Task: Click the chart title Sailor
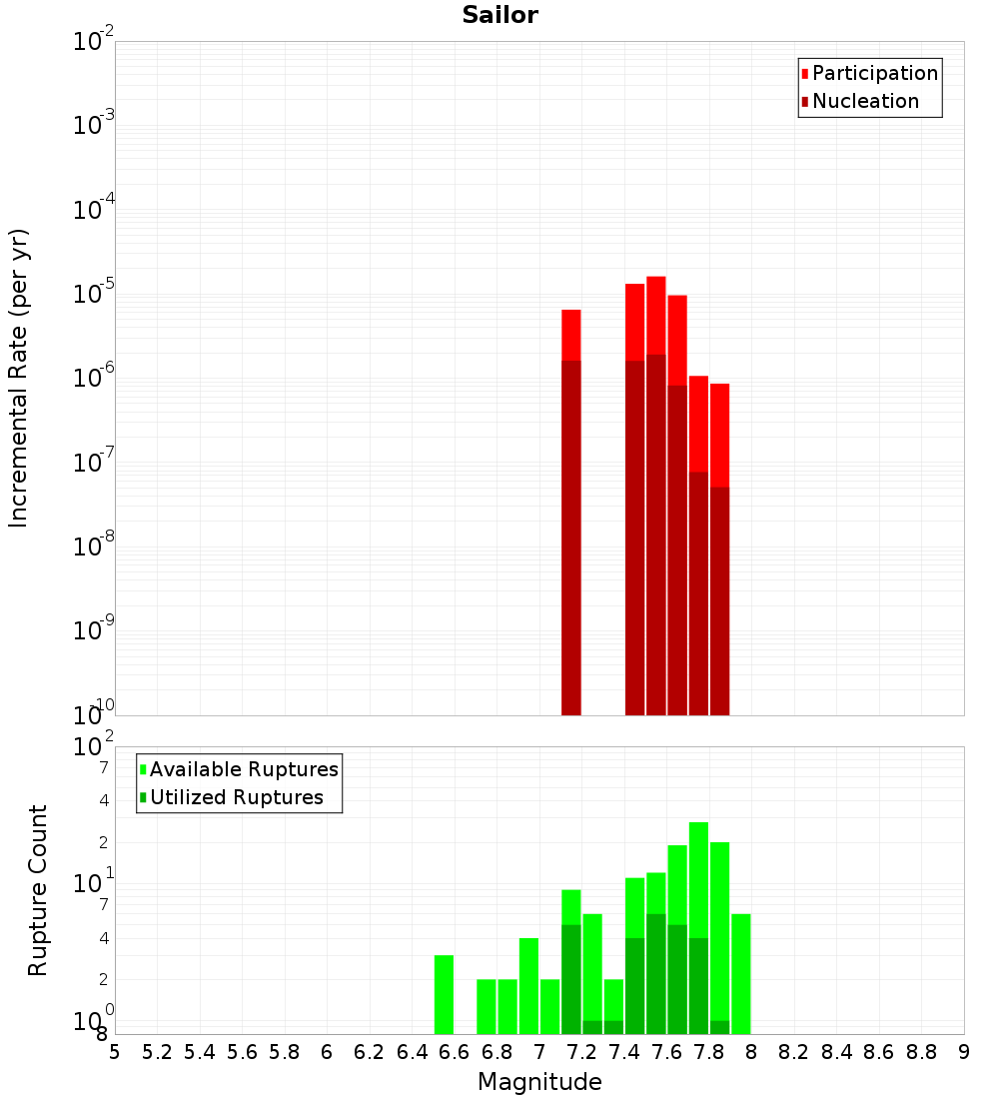499,15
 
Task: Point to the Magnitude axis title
539,1082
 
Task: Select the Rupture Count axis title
38,889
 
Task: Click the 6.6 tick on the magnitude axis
455,1052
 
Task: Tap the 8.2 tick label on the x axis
794,1052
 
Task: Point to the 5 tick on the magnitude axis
115,1052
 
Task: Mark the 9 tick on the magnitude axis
964,1052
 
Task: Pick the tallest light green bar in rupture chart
698,899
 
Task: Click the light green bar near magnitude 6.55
444,994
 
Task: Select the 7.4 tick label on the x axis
624,1052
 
